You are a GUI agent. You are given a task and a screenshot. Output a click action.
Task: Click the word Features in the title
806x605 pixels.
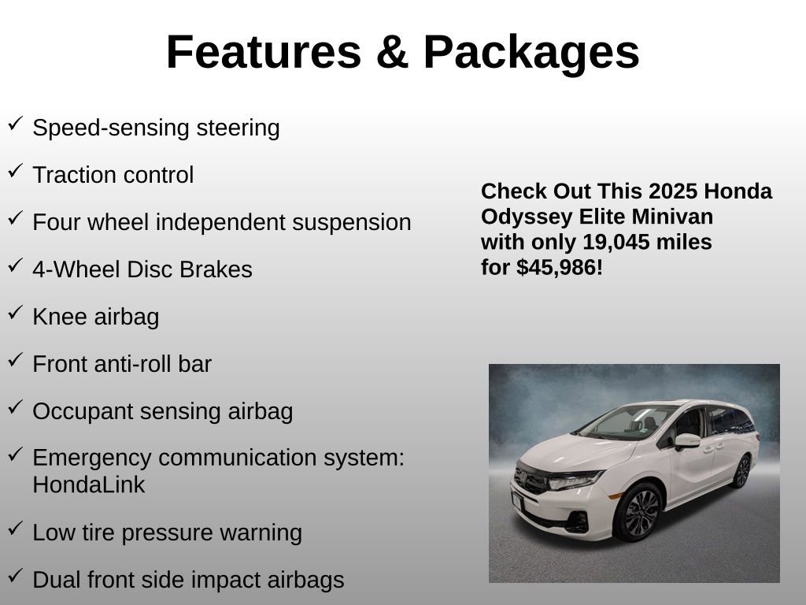[263, 53]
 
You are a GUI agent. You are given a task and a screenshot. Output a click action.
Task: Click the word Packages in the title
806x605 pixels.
[531, 53]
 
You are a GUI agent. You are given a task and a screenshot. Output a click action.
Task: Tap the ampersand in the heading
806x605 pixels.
[391, 53]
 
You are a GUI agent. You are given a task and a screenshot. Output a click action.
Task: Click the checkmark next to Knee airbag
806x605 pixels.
[15, 313]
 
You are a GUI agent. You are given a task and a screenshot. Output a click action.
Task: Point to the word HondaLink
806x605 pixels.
[89, 485]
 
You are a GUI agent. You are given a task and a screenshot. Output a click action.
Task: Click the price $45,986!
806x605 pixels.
[560, 268]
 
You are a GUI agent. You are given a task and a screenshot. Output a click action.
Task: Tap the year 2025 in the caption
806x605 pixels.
[674, 191]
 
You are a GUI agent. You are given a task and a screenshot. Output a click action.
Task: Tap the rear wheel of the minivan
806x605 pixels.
[741, 472]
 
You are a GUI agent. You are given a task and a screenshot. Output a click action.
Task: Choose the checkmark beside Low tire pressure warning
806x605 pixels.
[15, 529]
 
